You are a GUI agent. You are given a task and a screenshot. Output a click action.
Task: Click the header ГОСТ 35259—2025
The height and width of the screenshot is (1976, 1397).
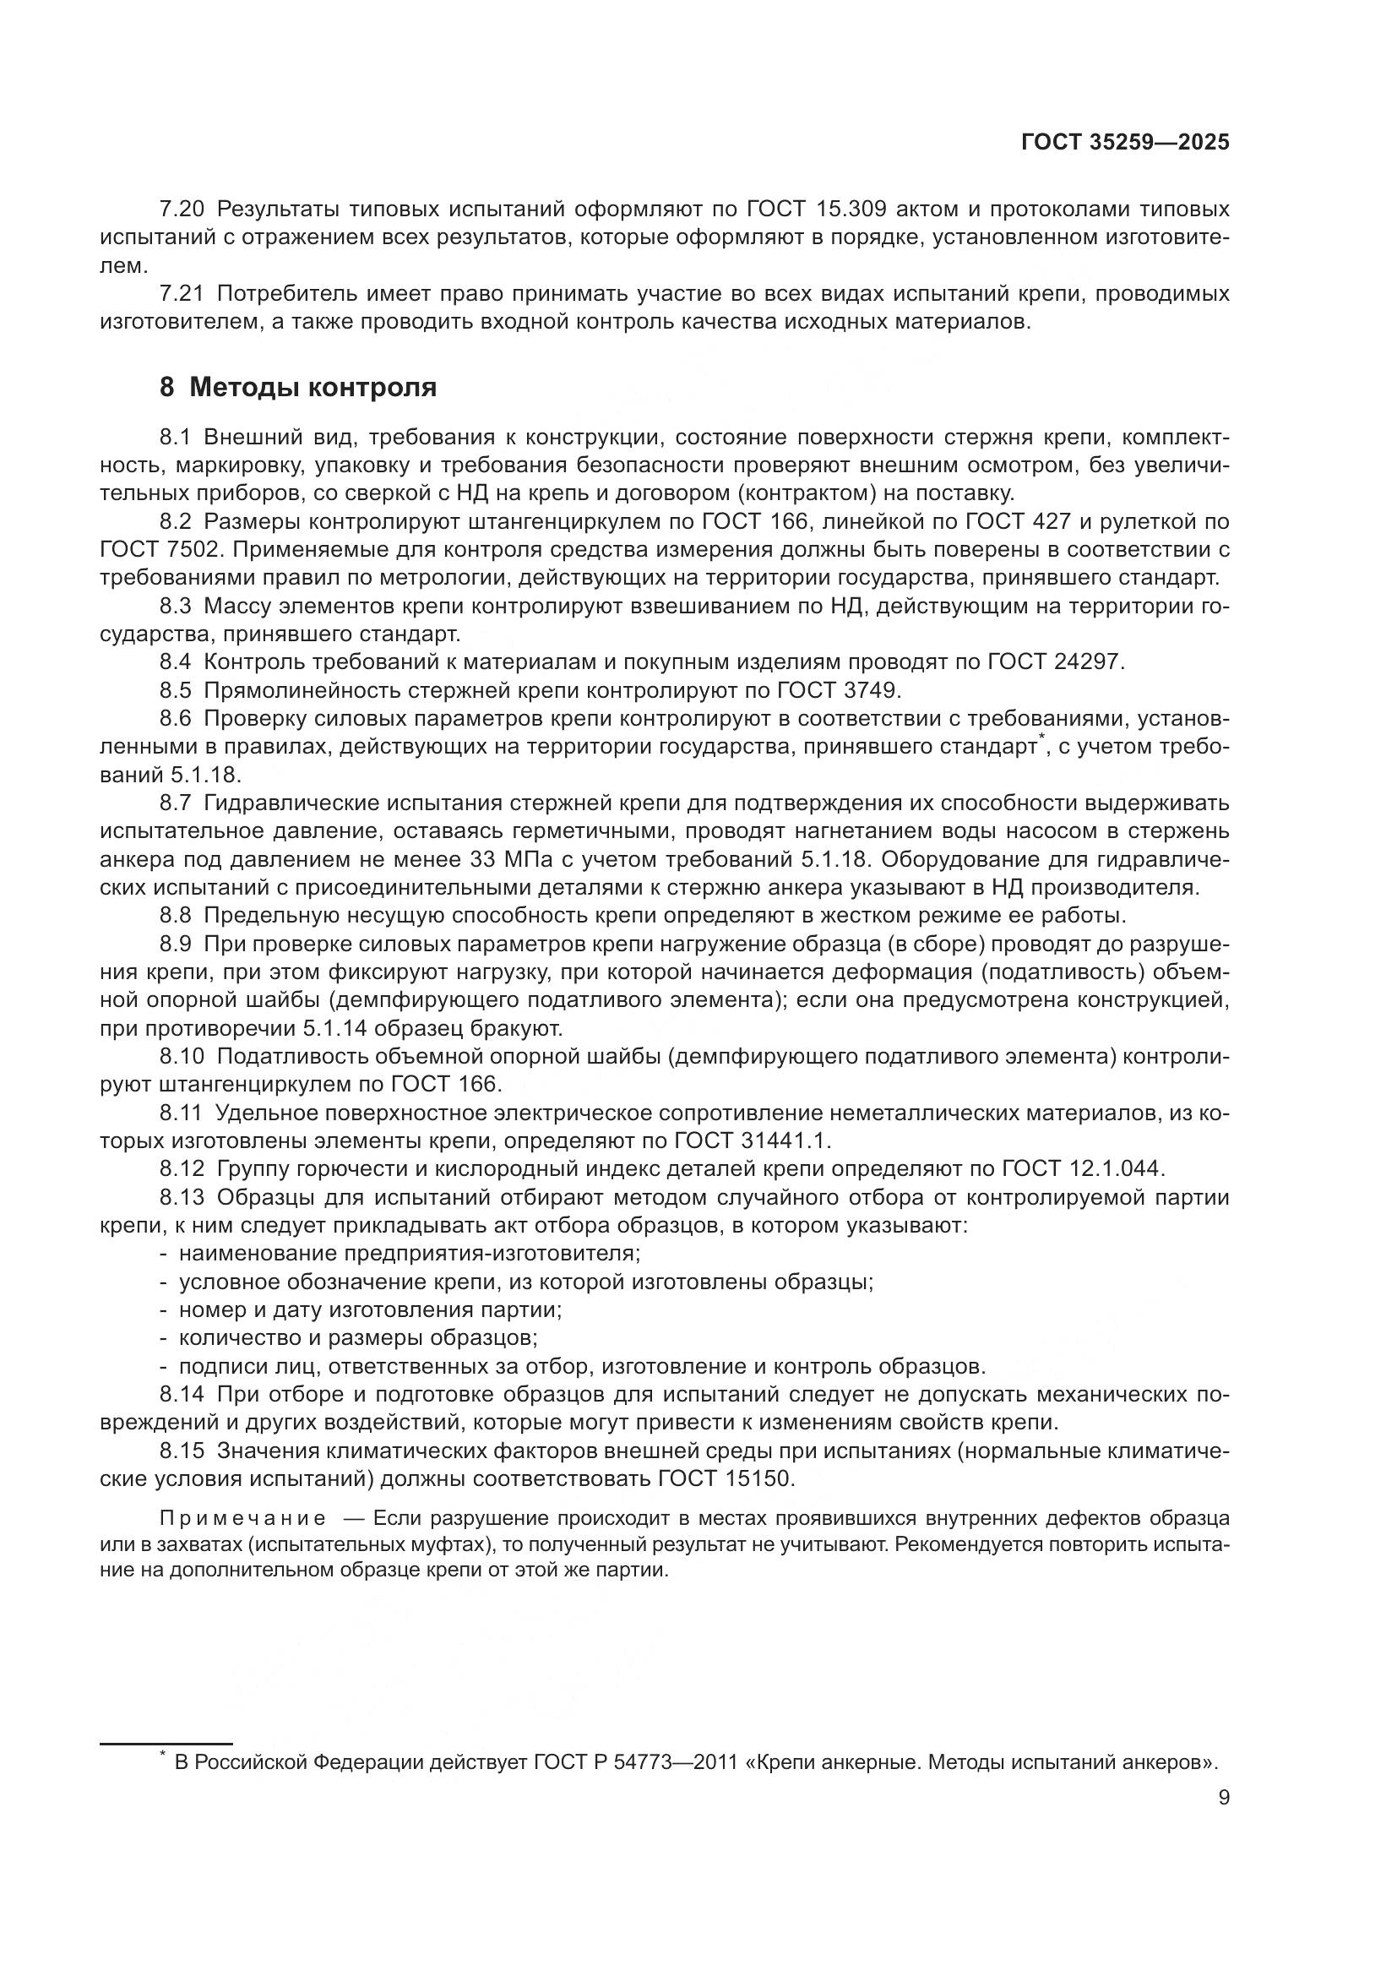tap(1125, 143)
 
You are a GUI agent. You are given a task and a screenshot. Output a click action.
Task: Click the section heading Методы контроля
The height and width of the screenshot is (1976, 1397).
tap(313, 388)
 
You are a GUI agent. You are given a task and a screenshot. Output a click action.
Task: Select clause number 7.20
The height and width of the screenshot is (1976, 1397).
tap(182, 210)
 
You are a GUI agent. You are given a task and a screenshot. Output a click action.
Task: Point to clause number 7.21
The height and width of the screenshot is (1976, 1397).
tap(182, 294)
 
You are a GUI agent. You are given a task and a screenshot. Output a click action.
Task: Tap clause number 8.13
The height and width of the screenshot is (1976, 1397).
tap(182, 1197)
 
